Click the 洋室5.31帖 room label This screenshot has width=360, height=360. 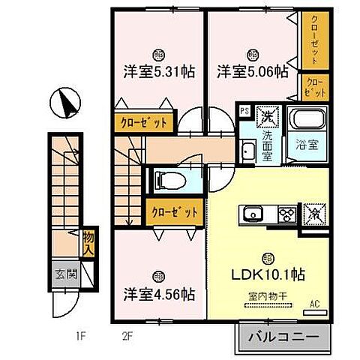(x=160, y=72)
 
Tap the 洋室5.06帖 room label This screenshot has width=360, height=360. (x=253, y=72)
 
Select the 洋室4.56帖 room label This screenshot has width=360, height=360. (x=159, y=294)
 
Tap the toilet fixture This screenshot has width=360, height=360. (x=168, y=180)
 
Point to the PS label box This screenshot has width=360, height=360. (x=244, y=111)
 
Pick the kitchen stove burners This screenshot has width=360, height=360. (x=286, y=214)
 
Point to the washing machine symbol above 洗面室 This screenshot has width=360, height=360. (x=267, y=116)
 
